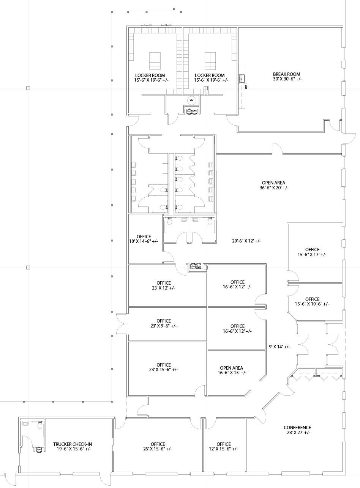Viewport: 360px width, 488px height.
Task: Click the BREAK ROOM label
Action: click(287, 77)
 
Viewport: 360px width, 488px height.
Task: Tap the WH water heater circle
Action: click(192, 101)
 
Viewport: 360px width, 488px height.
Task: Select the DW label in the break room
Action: click(246, 87)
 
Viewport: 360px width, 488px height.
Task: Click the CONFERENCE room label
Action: click(297, 430)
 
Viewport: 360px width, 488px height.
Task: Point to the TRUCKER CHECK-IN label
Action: click(73, 446)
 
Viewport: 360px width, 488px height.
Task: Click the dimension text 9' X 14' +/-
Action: click(279, 346)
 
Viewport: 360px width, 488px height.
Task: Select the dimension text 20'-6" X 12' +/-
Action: click(246, 241)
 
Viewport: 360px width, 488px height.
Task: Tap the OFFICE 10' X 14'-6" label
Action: click(144, 239)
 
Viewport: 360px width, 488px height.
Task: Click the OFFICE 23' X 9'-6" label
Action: click(164, 323)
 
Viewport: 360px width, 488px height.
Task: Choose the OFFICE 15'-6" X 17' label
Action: click(312, 252)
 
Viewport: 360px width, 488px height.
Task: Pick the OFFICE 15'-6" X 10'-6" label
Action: click(312, 302)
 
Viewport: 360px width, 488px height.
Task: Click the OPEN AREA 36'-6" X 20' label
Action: click(274, 185)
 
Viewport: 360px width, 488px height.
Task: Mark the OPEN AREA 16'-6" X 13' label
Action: click(232, 370)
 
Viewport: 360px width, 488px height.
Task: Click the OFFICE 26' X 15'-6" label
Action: click(158, 446)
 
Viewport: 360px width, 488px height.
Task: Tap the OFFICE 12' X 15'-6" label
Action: click(224, 446)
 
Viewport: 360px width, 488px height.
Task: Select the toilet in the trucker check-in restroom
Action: click(40, 425)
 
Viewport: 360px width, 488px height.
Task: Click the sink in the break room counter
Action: click(242, 78)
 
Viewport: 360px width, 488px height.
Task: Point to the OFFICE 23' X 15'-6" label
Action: click(164, 367)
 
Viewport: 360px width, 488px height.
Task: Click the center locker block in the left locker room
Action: click(155, 61)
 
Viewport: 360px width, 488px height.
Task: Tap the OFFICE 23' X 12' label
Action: click(164, 285)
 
